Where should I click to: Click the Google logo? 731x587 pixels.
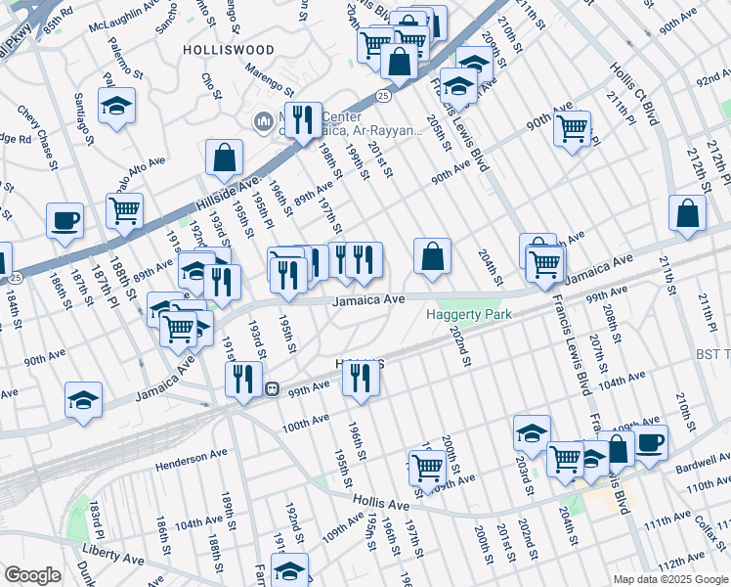(x=32, y=575)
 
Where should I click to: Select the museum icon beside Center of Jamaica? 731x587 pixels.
(x=261, y=121)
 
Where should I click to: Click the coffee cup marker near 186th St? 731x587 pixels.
(x=64, y=220)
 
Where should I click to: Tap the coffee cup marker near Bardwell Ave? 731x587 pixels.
(x=649, y=441)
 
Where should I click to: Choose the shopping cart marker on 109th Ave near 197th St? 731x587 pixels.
(x=426, y=469)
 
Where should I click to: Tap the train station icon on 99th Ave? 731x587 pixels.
(x=276, y=387)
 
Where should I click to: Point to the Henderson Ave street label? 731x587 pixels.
(x=190, y=458)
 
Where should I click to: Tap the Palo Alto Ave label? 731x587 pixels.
(x=143, y=174)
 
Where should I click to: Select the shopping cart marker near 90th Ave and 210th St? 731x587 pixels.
(x=572, y=126)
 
